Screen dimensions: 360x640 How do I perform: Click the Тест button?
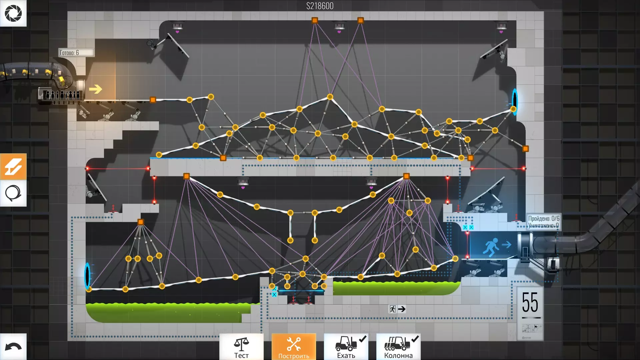click(241, 347)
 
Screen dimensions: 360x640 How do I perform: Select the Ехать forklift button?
click(346, 347)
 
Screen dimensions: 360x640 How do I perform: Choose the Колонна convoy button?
click(398, 347)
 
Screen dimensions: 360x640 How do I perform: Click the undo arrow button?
click(13, 347)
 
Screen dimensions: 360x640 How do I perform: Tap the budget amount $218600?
click(320, 6)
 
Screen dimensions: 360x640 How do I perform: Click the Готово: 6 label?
click(76, 53)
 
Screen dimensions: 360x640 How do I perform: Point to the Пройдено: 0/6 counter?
click(543, 219)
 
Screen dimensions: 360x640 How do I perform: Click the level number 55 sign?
click(530, 303)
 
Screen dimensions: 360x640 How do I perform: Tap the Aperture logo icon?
click(13, 13)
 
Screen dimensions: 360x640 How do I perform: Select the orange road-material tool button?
click(13, 167)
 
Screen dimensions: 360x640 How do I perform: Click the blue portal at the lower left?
click(87, 276)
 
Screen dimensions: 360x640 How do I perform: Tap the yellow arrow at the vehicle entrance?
click(96, 89)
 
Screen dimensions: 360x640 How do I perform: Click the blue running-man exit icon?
click(491, 246)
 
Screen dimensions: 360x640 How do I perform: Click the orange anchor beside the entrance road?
click(153, 100)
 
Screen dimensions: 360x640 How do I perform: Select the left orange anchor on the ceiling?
click(315, 20)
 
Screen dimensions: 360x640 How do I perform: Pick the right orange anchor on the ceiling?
click(360, 20)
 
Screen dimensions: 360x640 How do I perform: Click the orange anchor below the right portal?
click(525, 149)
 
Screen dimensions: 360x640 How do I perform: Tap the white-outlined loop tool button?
click(13, 193)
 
